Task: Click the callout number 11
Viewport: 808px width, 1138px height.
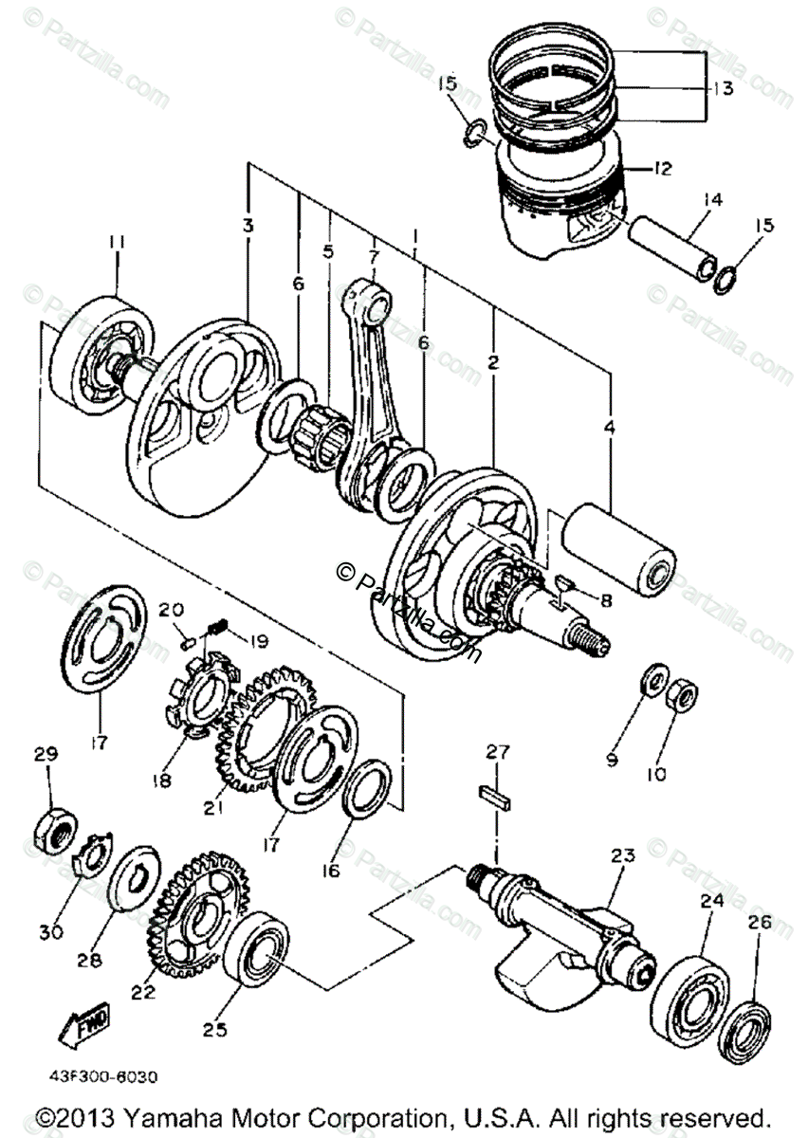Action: (x=116, y=244)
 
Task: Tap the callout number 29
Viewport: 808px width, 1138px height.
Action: (x=46, y=755)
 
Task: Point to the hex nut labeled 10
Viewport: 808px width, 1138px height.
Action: (x=683, y=696)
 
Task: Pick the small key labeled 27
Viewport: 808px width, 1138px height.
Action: (x=496, y=795)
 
